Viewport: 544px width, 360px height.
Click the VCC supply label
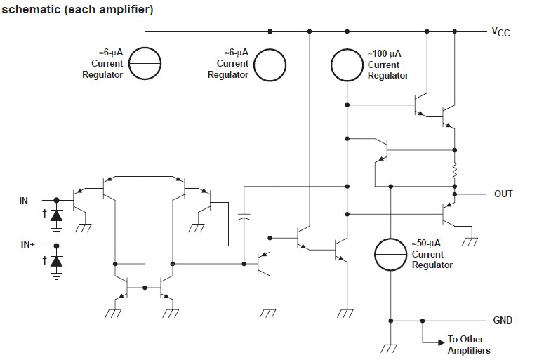click(x=500, y=31)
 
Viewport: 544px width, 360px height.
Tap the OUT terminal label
click(x=503, y=194)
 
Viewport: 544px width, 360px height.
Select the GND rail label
click(x=503, y=321)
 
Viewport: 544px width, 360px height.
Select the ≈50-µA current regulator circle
click(x=391, y=254)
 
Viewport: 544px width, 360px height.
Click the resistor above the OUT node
click(x=455, y=171)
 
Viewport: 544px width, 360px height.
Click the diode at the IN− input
click(x=57, y=216)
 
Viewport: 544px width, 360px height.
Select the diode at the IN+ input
click(x=57, y=261)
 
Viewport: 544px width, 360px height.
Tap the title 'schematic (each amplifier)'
click(x=77, y=10)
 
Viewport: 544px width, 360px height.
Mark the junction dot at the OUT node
click(x=455, y=194)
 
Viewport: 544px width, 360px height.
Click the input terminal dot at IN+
click(x=56, y=246)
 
